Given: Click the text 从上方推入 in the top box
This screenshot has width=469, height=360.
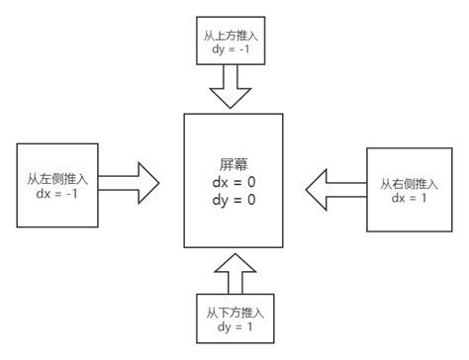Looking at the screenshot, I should click(x=234, y=33).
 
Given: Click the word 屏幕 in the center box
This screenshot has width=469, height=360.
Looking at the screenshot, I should click(x=234, y=163).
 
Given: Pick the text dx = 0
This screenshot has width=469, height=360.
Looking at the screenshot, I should click(x=234, y=182).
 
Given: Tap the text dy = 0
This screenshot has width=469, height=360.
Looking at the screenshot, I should click(x=234, y=201).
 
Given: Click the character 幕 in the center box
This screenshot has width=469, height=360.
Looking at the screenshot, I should click(x=241, y=163).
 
